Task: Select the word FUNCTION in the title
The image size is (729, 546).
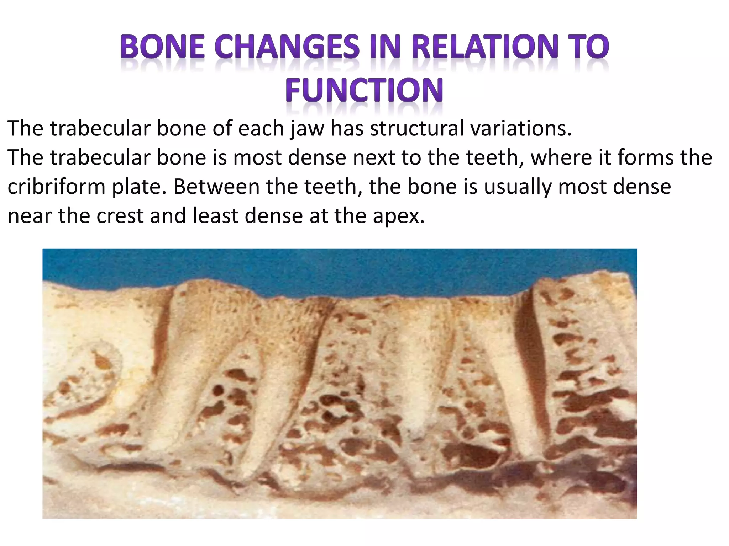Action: click(364, 90)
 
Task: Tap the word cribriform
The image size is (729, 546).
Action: click(56, 187)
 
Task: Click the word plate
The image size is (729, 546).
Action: click(139, 187)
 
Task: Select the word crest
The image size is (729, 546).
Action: click(120, 216)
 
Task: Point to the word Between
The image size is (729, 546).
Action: click(216, 187)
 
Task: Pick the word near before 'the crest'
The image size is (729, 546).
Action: click(30, 216)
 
